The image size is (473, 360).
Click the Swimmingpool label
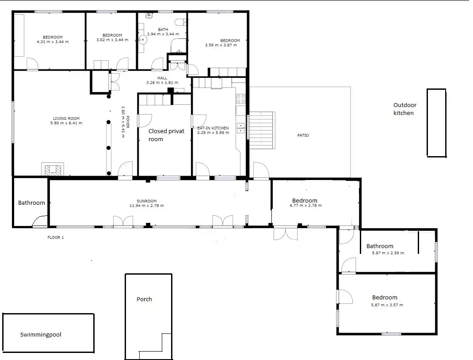[41, 335]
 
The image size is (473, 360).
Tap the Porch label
[144, 299]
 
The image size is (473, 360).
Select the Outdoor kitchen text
[404, 109]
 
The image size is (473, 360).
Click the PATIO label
[303, 135]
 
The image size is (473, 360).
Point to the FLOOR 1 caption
[56, 237]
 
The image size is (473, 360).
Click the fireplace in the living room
[53, 169]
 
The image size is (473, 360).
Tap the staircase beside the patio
[261, 130]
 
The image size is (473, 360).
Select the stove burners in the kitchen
[241, 99]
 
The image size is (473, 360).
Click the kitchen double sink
[240, 128]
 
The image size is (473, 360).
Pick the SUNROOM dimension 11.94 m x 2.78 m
[147, 206]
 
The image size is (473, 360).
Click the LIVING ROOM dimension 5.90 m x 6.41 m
[66, 123]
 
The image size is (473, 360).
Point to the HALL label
[162, 78]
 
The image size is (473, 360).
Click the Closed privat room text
[166, 135]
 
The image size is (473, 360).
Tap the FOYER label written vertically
[128, 122]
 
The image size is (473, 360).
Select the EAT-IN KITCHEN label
[213, 128]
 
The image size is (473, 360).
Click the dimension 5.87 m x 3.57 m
[387, 305]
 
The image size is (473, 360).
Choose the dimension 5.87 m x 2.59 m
[388, 253]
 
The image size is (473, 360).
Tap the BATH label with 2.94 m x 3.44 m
[163, 30]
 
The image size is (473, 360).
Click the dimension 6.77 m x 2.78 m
[305, 206]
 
